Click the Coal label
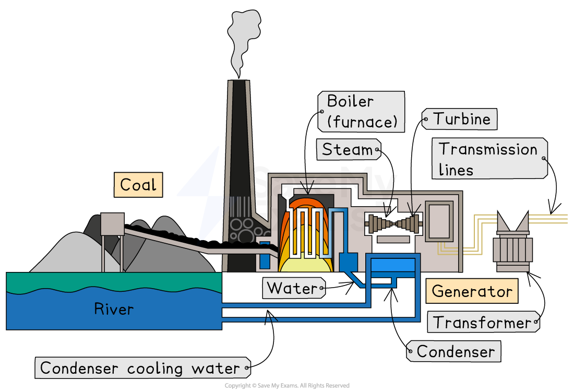tap(138, 185)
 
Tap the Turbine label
tap(459, 119)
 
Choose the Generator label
tap(472, 291)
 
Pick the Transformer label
tap(483, 323)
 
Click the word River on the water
tap(114, 309)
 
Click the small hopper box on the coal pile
tap(112, 224)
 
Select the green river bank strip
tap(114, 282)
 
